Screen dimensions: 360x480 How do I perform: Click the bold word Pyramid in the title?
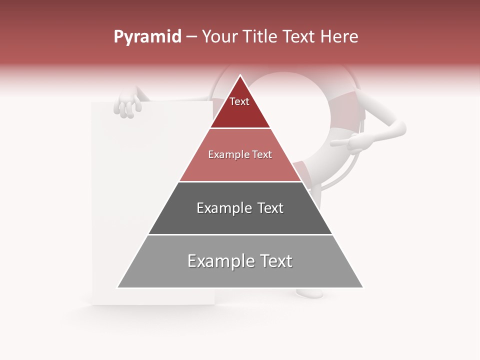[147, 37]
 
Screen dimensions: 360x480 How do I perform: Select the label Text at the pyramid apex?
[239, 102]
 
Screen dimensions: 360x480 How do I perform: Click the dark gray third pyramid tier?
[240, 220]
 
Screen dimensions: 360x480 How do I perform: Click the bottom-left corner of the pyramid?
[117, 287]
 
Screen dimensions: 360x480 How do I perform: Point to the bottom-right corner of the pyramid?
[363, 287]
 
